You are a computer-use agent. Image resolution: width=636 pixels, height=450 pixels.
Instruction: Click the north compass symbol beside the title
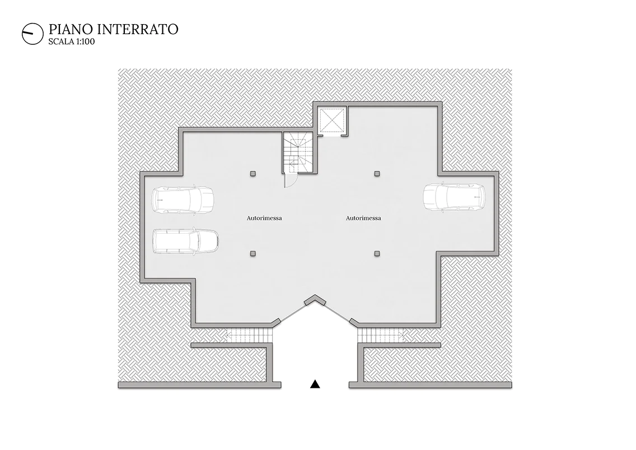32,33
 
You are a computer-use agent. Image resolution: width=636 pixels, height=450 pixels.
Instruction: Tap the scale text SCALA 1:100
72,41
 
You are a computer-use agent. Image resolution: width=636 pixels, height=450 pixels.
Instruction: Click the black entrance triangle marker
315,384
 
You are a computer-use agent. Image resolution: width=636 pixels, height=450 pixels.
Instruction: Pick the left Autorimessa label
264,218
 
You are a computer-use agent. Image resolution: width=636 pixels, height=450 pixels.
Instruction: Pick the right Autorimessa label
363,218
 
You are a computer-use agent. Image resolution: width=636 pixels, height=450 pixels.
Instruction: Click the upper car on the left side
183,200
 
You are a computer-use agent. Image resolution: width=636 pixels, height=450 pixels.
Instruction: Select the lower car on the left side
185,241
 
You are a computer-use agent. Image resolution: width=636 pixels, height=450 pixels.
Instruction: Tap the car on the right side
454,197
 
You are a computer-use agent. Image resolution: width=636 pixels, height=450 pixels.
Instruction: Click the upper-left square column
253,174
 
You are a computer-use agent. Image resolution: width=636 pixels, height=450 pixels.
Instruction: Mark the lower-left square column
253,253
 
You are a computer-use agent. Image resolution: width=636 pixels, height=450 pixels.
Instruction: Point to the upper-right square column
377,174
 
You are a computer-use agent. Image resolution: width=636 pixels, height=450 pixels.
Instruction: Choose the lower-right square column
377,253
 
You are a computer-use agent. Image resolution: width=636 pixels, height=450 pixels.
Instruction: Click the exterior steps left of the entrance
250,336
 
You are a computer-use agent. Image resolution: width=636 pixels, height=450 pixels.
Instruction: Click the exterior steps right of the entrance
381,336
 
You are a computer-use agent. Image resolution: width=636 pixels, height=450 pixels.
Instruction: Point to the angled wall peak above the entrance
315,299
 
